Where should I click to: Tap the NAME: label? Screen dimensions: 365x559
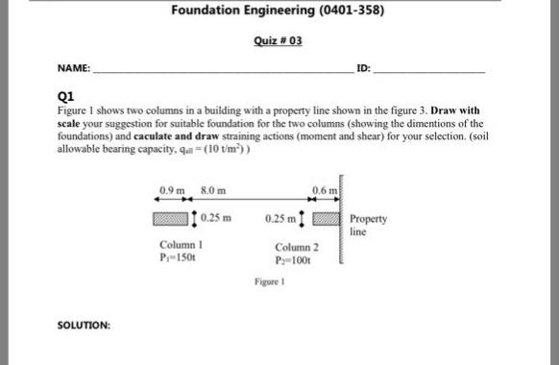[x=73, y=69]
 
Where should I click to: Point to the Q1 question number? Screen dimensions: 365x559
[x=65, y=96]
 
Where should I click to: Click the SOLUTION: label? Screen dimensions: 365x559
[x=84, y=325]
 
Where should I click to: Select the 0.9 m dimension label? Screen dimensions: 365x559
[x=170, y=189]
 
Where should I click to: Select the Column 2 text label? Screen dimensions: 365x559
[x=295, y=248]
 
